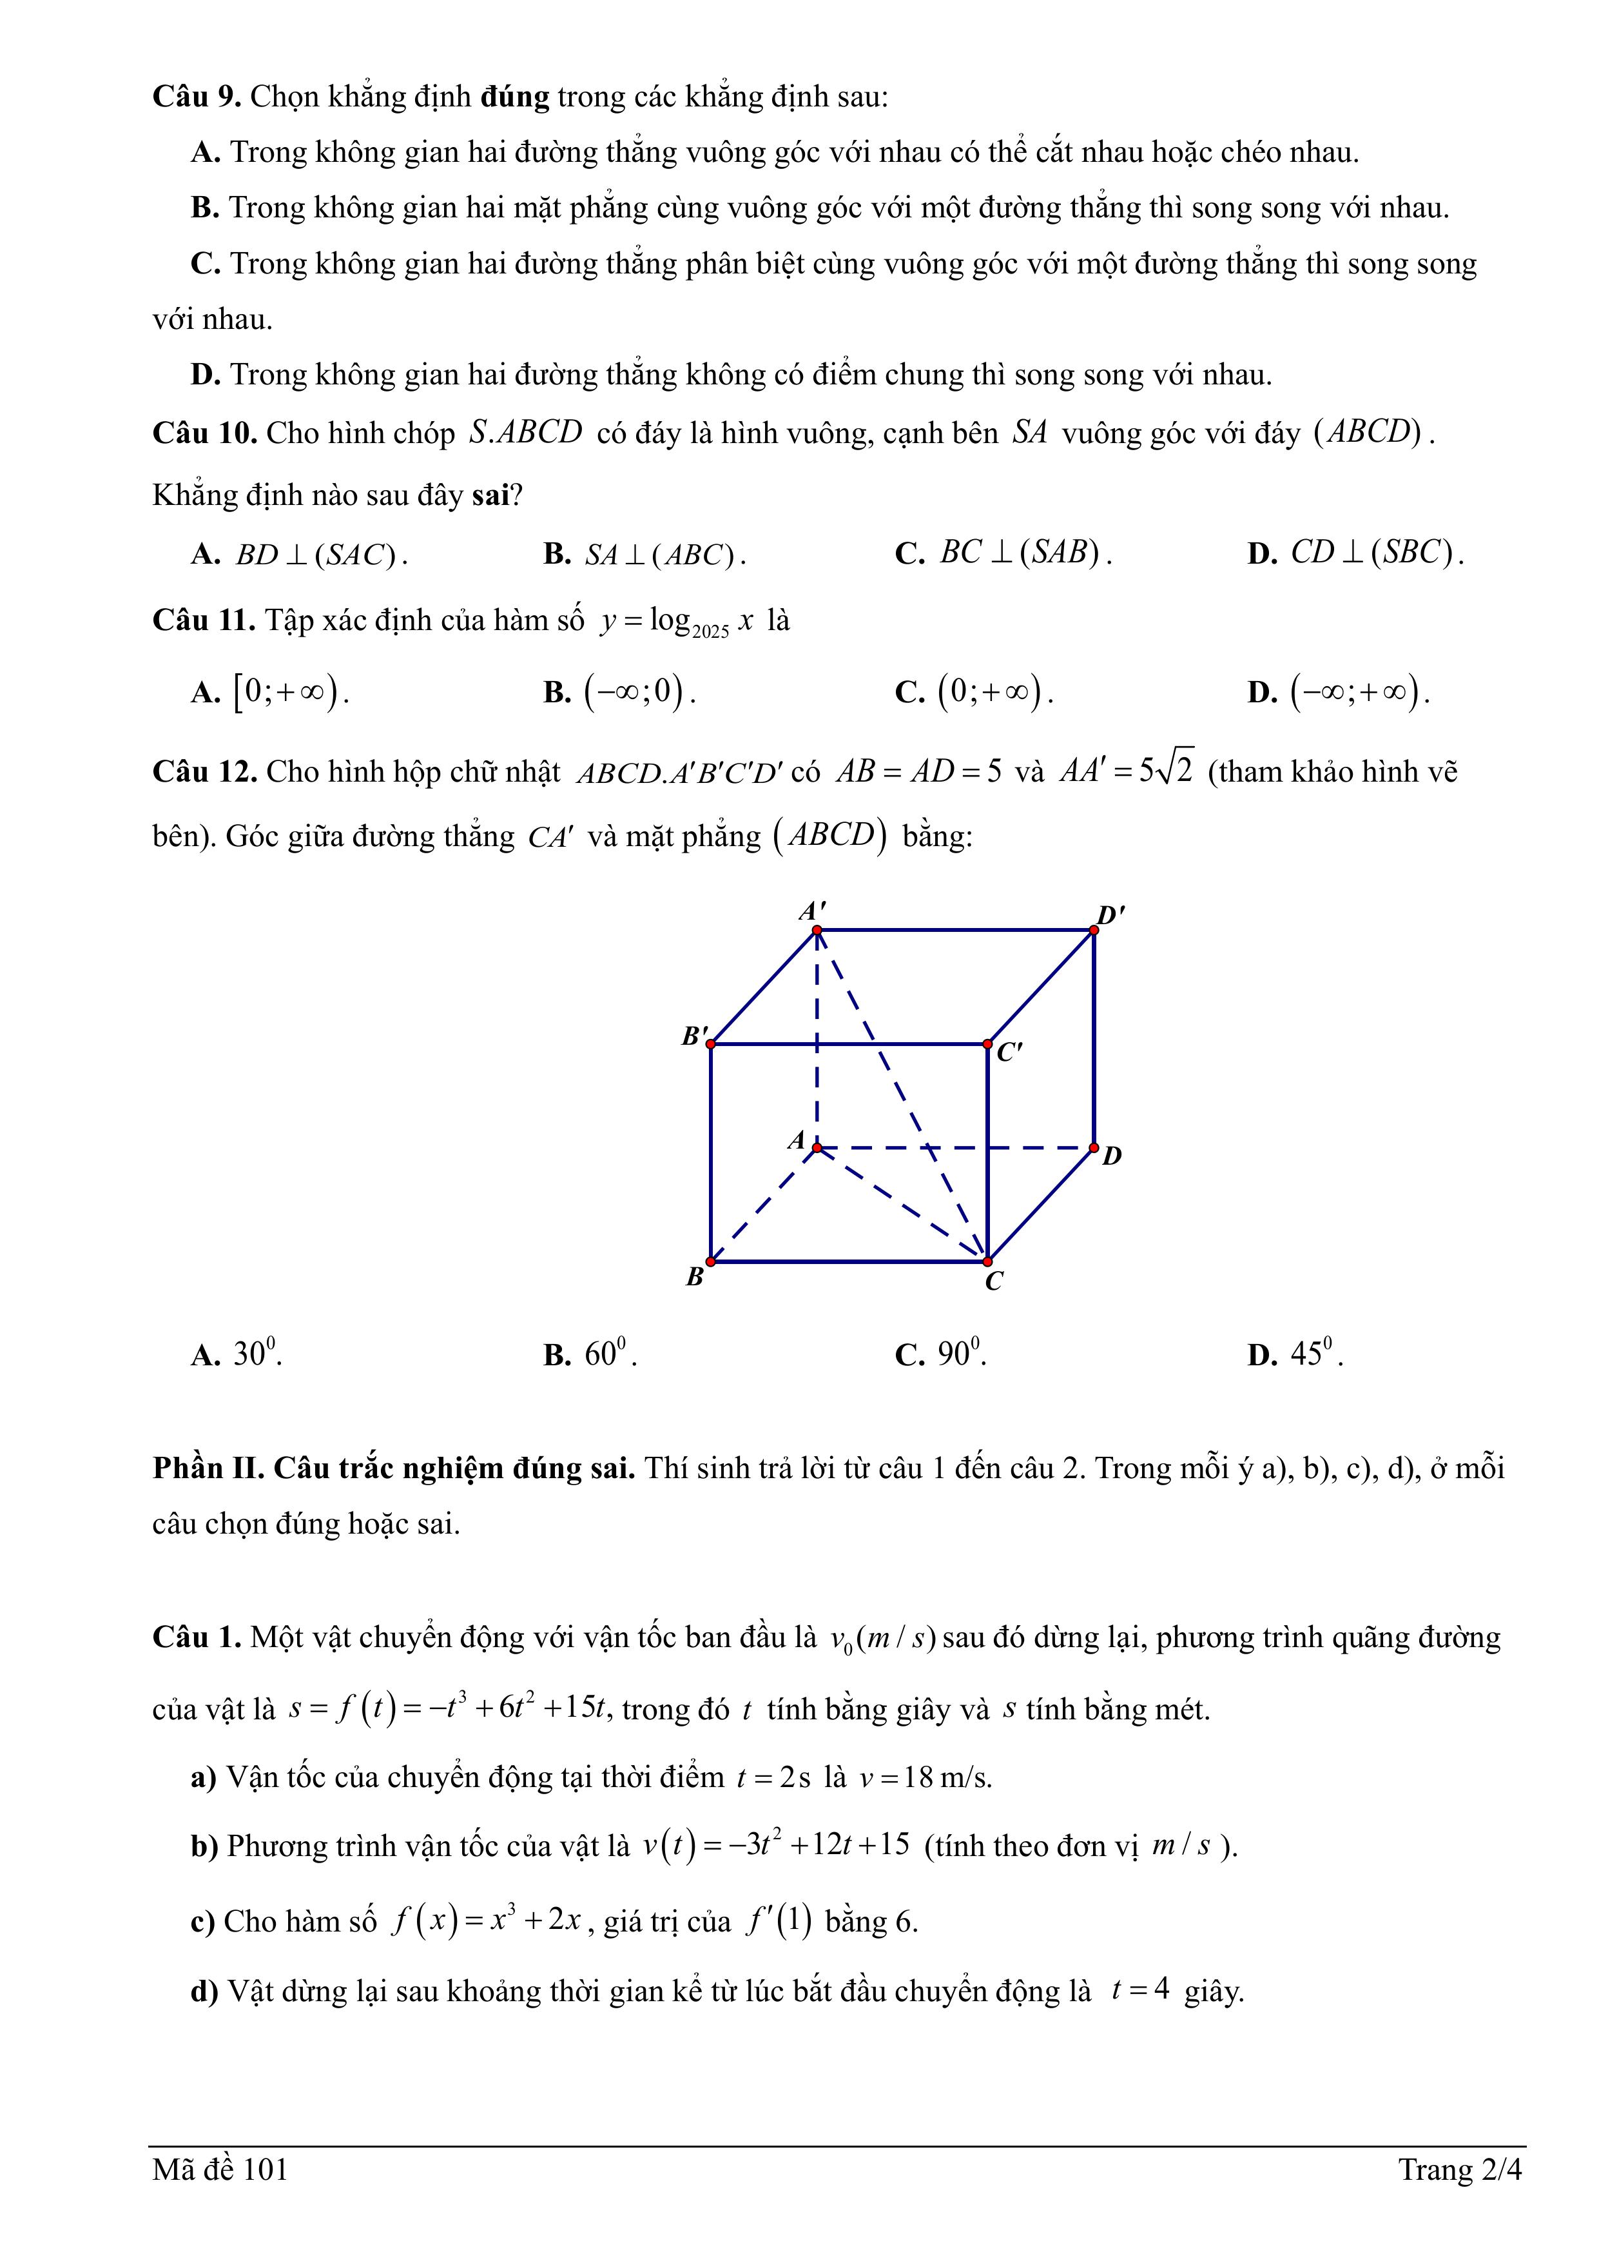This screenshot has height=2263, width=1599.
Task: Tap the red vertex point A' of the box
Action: pos(817,929)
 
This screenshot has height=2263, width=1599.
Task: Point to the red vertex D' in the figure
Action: pos(1094,929)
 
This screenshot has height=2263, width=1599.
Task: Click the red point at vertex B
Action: pos(710,1261)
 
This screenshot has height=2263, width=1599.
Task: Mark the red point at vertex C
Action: pos(987,1261)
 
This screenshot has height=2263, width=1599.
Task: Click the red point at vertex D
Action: pos(1094,1147)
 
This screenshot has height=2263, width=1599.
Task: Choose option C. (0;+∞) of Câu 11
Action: pos(974,692)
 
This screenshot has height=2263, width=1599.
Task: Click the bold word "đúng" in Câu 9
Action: pos(514,97)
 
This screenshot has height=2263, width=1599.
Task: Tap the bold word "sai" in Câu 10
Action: pos(490,495)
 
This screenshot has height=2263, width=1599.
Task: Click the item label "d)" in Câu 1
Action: pos(204,1991)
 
